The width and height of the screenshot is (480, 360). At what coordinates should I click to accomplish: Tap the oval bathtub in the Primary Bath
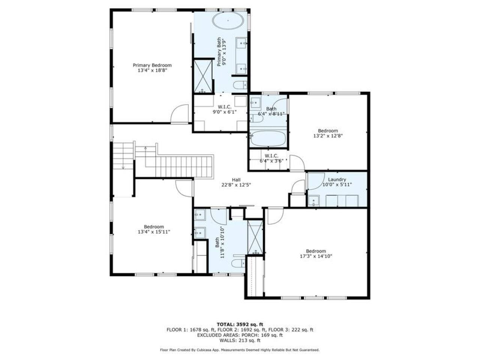coord(228,21)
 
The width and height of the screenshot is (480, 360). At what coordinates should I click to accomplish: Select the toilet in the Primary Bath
coord(240,85)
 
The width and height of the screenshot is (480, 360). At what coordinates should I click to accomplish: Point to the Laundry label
coord(337,180)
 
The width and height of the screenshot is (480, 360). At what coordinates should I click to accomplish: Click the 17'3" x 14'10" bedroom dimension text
coord(316,256)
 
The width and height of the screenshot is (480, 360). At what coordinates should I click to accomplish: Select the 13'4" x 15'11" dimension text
coord(154,232)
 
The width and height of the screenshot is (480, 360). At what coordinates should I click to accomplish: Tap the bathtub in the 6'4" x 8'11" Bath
coord(268,138)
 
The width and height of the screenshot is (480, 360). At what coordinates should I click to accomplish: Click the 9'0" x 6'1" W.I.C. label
coord(225,109)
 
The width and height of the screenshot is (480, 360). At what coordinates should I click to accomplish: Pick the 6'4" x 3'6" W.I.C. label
coord(271,159)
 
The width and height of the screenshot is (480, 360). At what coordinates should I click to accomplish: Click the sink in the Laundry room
coord(313,201)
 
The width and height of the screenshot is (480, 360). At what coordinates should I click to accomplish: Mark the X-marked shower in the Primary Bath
coord(203,76)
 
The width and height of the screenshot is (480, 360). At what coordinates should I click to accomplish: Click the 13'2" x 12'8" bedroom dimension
coord(328,136)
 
